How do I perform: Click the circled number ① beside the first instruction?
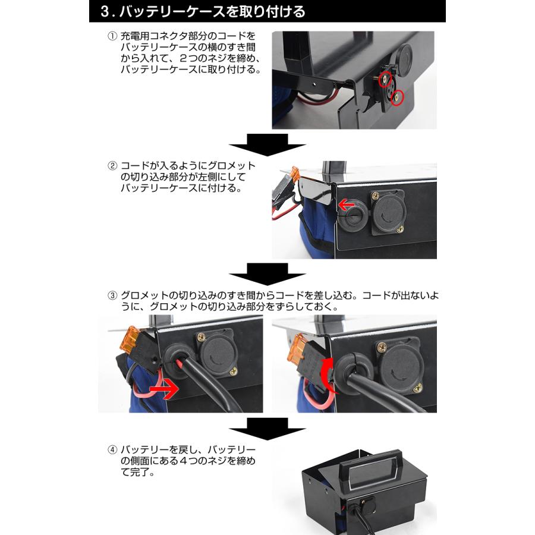[x=112, y=36]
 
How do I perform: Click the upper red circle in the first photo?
[x=386, y=78]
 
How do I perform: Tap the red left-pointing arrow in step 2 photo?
[x=345, y=206]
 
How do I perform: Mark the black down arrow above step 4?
[x=267, y=427]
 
